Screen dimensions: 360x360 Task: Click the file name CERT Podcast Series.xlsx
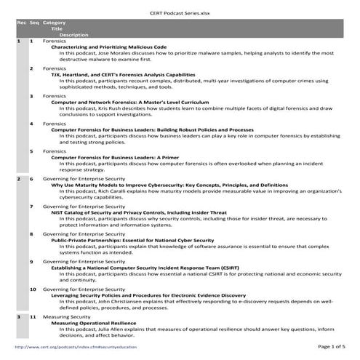tap(180, 7)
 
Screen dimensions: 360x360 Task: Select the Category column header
tap(55, 22)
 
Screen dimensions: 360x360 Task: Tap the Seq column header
tap(32, 22)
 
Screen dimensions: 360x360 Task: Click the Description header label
tap(74, 34)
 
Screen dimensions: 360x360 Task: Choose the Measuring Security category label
tap(66, 317)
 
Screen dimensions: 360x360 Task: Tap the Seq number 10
tap(33, 289)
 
